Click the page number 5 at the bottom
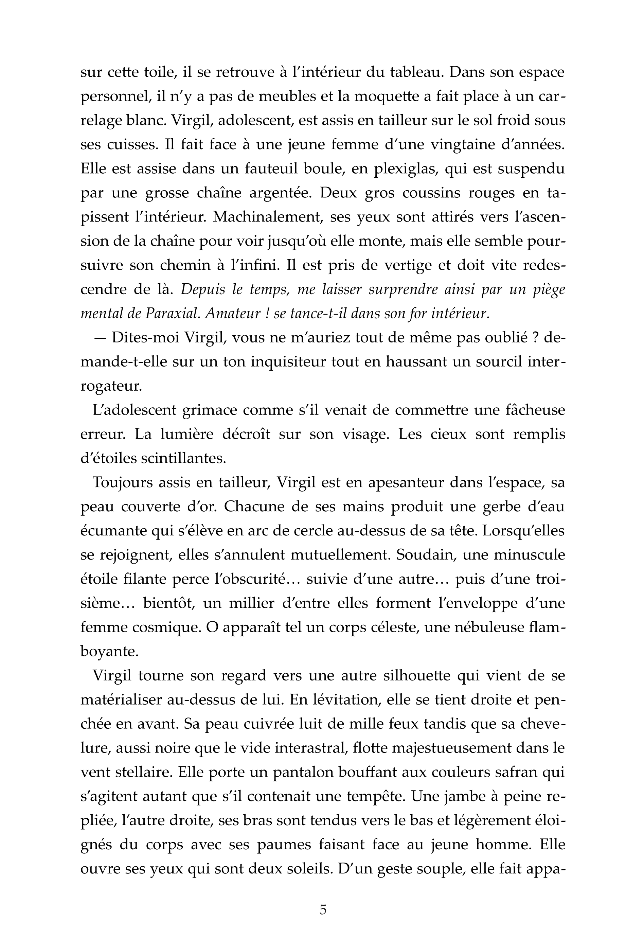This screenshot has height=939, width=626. [x=323, y=909]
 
